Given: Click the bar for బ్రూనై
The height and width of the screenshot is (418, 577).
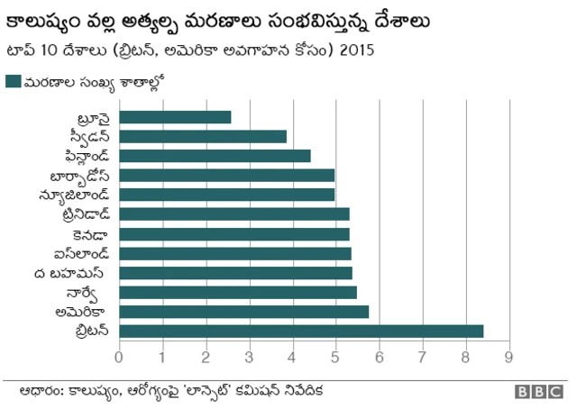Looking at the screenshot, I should [175, 117].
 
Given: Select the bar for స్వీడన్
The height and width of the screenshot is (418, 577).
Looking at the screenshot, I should [203, 136].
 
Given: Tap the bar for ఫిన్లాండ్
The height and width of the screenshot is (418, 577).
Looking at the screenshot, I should [215, 156].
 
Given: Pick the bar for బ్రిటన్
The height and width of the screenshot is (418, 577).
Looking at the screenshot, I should [301, 331].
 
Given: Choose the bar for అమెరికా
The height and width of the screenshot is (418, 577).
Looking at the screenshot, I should [243, 312].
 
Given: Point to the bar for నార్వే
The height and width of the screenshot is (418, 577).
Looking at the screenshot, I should [238, 292].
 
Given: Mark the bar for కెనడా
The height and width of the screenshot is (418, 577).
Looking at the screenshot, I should [234, 233].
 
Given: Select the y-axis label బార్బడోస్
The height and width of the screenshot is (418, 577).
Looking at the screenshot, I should [81, 175].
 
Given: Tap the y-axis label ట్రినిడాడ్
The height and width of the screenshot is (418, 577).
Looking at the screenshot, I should [83, 214].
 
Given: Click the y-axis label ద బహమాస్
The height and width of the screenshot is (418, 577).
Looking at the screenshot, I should [78, 272].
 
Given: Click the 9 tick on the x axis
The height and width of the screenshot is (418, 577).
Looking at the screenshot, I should [509, 356].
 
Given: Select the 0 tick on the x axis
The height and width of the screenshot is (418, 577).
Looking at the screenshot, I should [119, 356].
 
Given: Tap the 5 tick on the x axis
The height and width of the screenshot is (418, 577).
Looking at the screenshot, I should [336, 356].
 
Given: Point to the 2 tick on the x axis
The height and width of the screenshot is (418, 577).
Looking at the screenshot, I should [206, 356].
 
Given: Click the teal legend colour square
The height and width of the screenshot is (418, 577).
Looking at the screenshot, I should [13, 81].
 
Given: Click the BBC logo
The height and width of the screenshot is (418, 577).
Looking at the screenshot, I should [538, 393].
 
